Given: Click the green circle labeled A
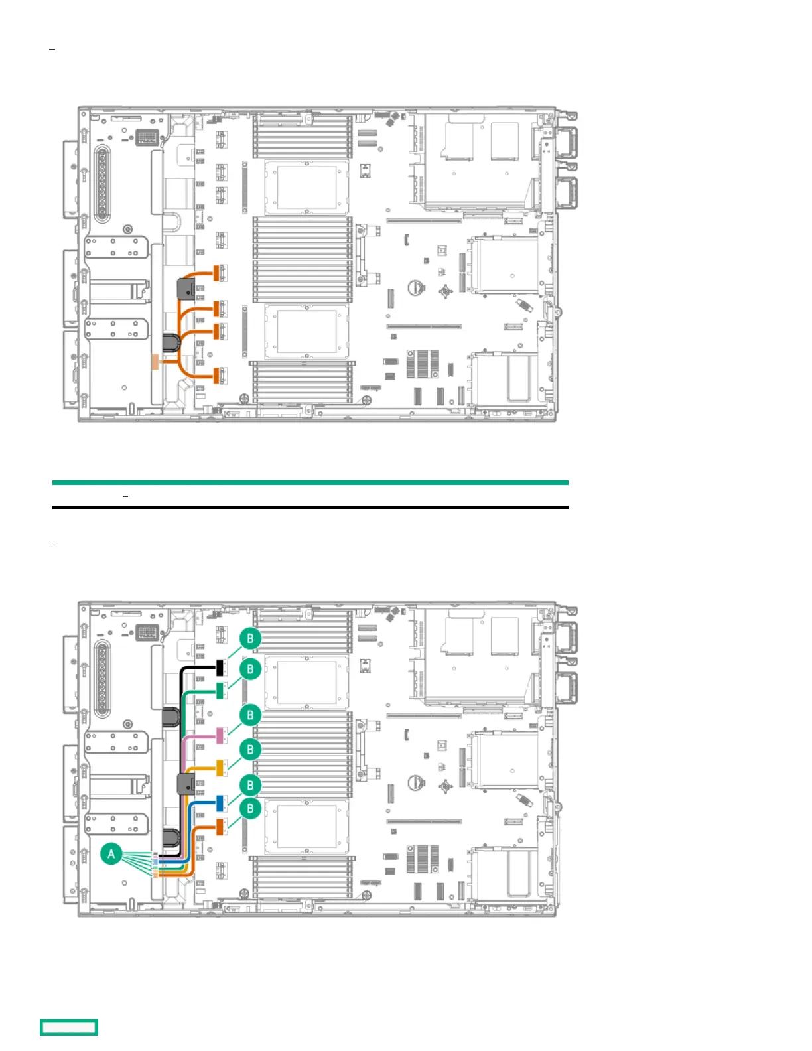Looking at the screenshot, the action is (x=111, y=853).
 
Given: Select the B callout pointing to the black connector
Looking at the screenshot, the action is (x=250, y=638).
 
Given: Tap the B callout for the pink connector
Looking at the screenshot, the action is (x=250, y=715).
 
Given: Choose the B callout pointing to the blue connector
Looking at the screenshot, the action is (x=250, y=785).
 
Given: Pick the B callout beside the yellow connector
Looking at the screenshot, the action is (x=250, y=749).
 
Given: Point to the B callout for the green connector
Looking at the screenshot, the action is (x=250, y=668).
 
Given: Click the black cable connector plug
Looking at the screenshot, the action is (x=220, y=667).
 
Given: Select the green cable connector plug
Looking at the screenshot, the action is (x=220, y=691).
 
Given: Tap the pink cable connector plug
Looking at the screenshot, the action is (x=220, y=735).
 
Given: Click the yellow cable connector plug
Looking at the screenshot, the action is (x=220, y=768).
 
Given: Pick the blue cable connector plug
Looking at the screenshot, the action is (x=220, y=803).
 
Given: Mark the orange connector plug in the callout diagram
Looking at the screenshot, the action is (x=220, y=827).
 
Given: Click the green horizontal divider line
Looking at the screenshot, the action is (x=310, y=482).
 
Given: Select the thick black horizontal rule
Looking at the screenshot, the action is (x=310, y=507).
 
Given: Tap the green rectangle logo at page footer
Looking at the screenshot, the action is (x=69, y=1027).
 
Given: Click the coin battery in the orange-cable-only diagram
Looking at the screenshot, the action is (x=416, y=287).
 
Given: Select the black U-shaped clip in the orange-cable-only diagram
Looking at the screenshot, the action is (x=172, y=342).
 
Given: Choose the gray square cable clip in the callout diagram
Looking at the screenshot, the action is (x=186, y=784).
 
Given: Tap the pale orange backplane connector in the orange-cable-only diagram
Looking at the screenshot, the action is (x=155, y=361).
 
